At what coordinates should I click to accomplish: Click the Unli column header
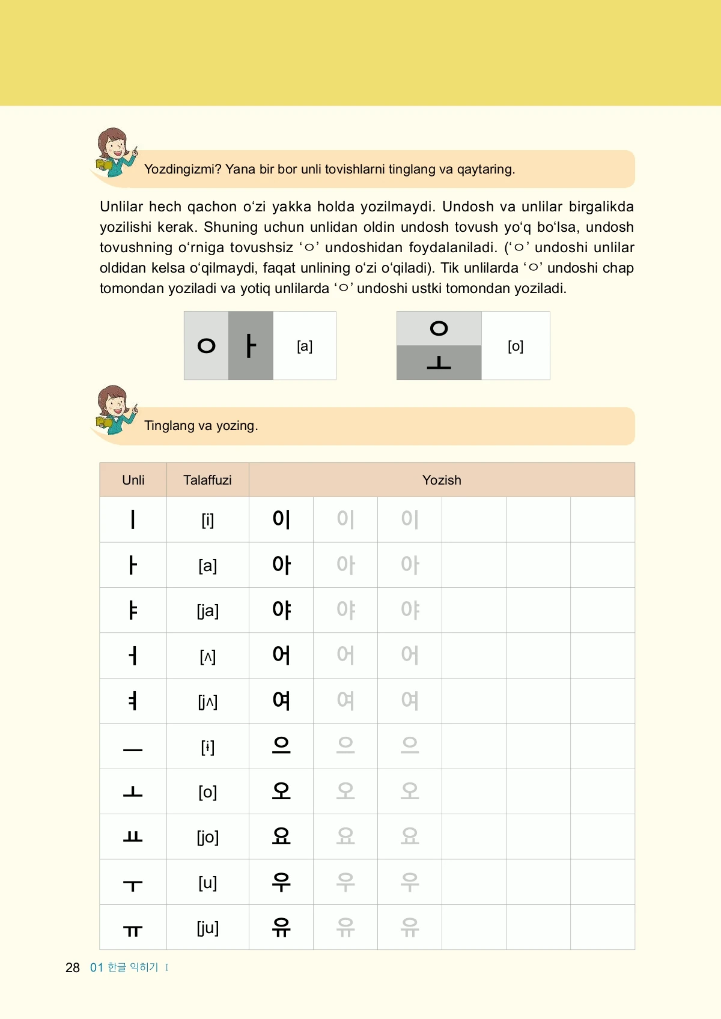(133, 480)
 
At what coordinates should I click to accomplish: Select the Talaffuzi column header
(207, 480)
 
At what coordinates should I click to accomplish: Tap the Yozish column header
(442, 480)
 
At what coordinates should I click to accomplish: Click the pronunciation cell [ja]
(207, 611)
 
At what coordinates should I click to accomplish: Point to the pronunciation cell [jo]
(207, 837)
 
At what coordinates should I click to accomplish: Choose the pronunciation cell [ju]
(207, 928)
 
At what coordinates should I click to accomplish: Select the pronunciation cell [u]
(207, 883)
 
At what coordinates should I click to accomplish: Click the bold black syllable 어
(281, 655)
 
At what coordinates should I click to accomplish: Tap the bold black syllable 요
(281, 836)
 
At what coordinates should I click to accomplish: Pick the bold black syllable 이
(281, 519)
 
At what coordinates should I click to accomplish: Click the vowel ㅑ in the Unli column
(133, 610)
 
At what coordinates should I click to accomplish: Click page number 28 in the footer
(73, 967)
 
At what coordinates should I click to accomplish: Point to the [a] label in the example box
(305, 346)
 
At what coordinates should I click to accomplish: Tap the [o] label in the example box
(516, 346)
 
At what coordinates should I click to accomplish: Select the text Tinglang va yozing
(201, 426)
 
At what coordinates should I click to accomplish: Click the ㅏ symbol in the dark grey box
(251, 346)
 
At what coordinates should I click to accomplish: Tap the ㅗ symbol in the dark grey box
(439, 363)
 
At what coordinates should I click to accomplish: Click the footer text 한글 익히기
(133, 967)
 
